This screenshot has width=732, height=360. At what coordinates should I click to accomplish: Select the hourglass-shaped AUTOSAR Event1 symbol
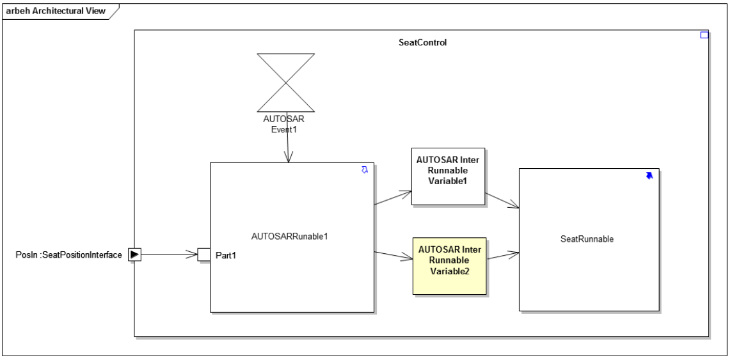pyautogui.click(x=285, y=82)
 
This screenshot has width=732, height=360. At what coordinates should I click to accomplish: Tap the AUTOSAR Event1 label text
pyautogui.click(x=285, y=124)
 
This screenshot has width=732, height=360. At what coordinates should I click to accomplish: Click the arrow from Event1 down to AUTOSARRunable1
pyautogui.click(x=288, y=148)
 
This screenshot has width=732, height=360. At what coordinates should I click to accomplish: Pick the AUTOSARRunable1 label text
pyautogui.click(x=291, y=236)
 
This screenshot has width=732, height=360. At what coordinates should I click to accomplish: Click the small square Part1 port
pyautogui.click(x=203, y=254)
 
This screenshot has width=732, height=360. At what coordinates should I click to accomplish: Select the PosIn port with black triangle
pyautogui.click(x=134, y=254)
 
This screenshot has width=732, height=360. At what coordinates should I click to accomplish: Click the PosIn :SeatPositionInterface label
pyautogui.click(x=69, y=255)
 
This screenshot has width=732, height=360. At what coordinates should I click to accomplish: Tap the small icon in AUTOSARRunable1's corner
pyautogui.click(x=365, y=170)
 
